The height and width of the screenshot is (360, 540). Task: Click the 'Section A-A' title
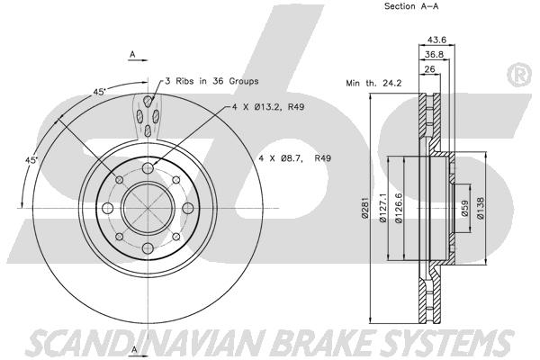coord(411,6)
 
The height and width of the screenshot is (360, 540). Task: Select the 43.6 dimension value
coord(436,40)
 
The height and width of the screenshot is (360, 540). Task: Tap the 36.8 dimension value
coord(434,54)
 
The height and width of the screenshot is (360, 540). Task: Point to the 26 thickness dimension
coord(429,69)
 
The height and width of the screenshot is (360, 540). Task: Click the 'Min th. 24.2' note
coord(373,83)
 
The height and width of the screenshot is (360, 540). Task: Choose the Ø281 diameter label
coord(365,209)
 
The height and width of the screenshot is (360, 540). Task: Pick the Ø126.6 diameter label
coord(399,208)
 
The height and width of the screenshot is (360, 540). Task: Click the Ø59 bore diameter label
coord(465,209)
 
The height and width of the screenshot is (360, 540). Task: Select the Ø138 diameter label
coord(481,208)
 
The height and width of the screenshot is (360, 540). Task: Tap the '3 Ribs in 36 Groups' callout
coord(211,81)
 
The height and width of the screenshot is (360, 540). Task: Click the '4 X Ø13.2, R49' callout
coord(268,107)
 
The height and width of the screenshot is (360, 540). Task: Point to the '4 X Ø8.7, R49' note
coord(295,158)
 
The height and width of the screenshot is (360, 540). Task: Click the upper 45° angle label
coord(99,92)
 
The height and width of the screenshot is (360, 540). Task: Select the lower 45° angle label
coord(31,160)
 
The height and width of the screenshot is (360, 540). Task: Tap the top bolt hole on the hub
coord(148,168)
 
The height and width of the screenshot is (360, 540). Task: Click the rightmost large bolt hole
coord(188,208)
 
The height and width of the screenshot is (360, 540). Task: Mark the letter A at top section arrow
coord(132,54)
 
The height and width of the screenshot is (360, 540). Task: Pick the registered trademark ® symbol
coord(519,75)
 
